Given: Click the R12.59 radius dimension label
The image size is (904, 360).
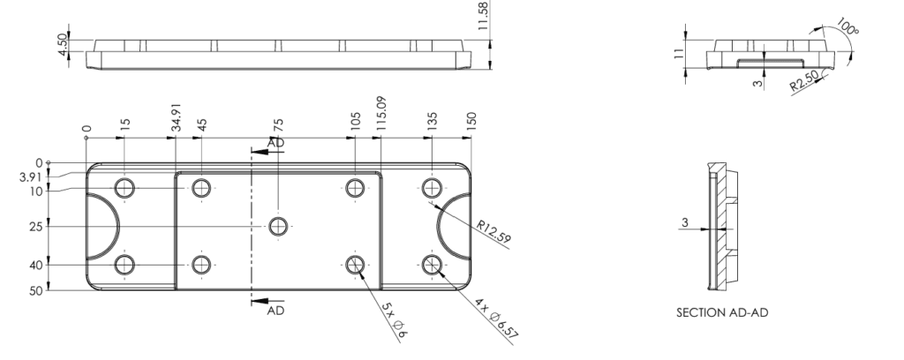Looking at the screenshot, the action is click(x=493, y=231).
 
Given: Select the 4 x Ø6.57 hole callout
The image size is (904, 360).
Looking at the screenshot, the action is click(x=497, y=318).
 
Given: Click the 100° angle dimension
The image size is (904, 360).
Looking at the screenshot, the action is click(x=847, y=26).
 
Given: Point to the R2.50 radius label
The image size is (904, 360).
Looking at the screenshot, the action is click(x=804, y=80).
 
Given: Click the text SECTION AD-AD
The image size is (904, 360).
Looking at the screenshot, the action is click(x=722, y=312).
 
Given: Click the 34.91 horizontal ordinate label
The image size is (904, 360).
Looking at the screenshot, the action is click(x=177, y=117).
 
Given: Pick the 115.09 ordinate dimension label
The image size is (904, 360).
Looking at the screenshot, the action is click(x=380, y=114).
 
